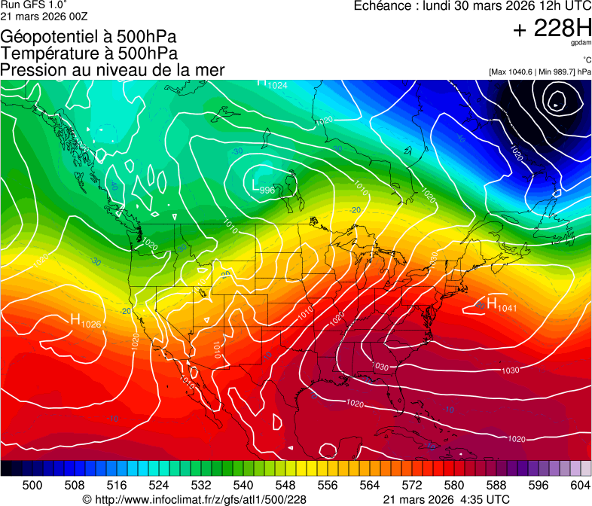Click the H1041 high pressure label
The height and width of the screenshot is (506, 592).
pos(502,304)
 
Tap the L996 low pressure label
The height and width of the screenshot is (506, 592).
pos(263,187)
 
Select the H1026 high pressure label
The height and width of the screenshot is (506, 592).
pos(85,321)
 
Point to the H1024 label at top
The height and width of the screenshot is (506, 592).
pos(272,84)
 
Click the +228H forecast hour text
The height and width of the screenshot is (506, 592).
pos(552,29)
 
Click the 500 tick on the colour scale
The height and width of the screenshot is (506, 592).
pos(32,484)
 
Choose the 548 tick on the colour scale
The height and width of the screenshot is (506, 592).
pos(273,484)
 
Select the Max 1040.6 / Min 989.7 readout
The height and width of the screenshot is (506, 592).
pos(540,72)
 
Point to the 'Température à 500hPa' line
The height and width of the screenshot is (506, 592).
pos(89,53)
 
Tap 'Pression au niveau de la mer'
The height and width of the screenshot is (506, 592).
pos(112,70)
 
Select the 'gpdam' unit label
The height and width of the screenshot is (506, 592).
pos(581,44)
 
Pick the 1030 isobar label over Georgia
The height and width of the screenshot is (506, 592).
pos(381,367)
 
